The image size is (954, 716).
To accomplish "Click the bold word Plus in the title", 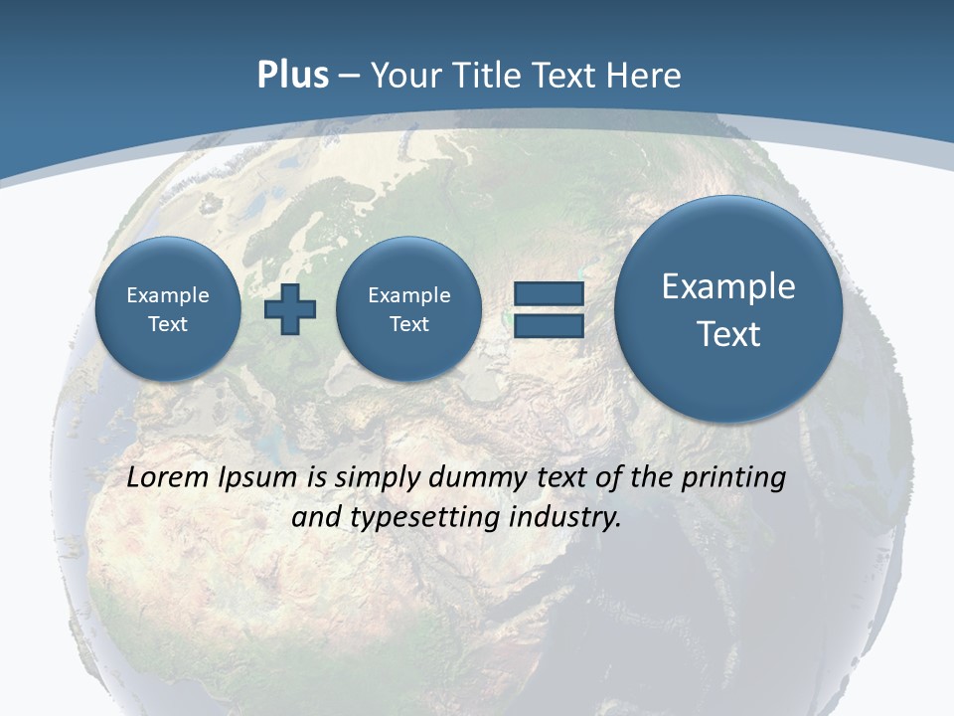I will pos(292,76).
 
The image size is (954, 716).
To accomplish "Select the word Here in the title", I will pos(646,76).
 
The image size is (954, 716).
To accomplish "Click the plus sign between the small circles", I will pos(290,309).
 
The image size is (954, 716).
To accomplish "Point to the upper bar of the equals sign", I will pos(548,294).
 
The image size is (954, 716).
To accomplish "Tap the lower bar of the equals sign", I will pos(548,325).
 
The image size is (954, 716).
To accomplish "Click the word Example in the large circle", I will pos(728,286).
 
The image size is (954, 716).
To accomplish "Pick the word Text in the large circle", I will pos(728,334).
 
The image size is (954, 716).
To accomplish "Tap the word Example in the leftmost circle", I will pos(168,295).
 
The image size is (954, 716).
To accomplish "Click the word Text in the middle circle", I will pos(408,324).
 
